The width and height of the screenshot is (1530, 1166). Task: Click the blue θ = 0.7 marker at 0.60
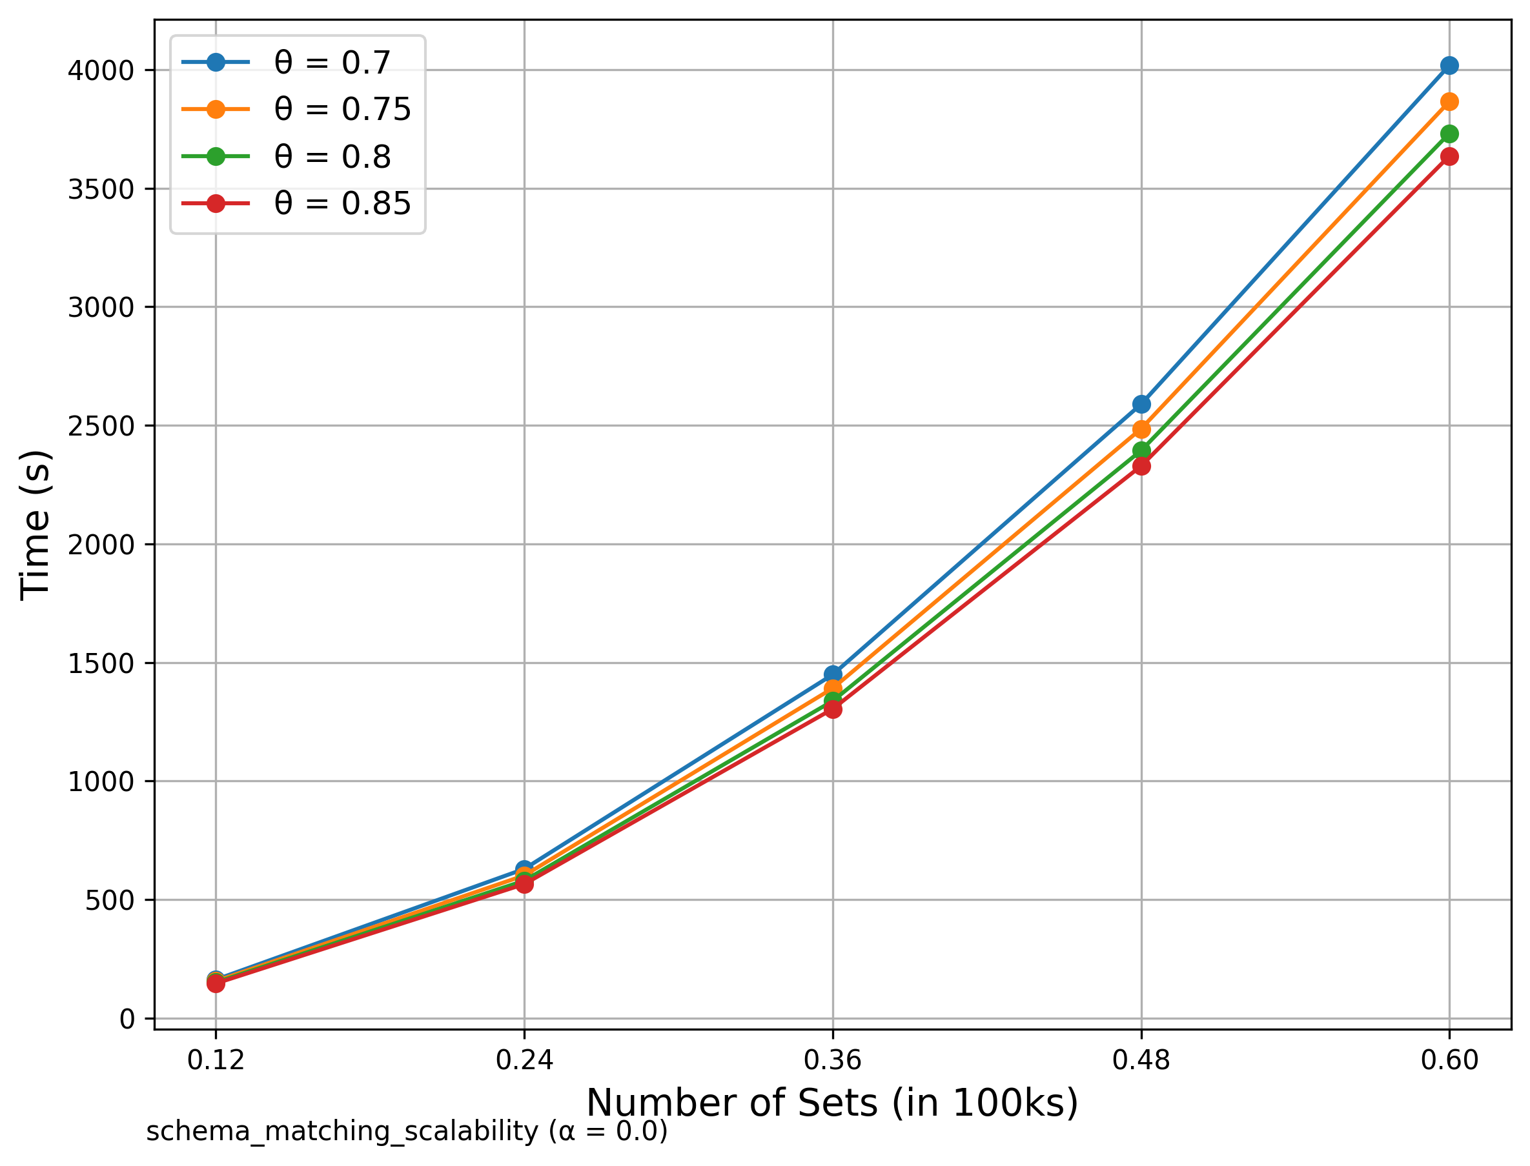pos(1449,66)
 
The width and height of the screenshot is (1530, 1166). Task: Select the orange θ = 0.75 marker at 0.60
pos(1449,102)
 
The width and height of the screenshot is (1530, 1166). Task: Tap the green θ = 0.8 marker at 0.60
pos(1449,134)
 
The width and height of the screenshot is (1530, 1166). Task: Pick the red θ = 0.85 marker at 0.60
pos(1449,157)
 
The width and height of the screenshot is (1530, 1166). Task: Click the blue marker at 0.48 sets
pos(1141,405)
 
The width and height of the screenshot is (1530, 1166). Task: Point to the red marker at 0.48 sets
pos(1141,467)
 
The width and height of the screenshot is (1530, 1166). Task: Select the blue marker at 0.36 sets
pos(833,674)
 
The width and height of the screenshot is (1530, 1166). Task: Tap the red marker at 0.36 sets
pos(833,709)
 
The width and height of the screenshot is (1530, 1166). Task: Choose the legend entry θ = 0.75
pos(342,110)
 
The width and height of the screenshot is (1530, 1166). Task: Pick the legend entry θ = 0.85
pos(342,203)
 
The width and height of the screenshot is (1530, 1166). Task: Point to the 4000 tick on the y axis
pos(101,71)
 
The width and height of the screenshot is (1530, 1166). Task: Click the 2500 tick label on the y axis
pos(101,426)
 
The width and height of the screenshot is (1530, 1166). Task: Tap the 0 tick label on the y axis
pos(127,1019)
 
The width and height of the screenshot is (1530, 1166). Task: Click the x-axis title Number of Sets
pos(832,1103)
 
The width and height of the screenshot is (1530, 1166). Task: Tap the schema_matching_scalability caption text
pos(407,1131)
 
